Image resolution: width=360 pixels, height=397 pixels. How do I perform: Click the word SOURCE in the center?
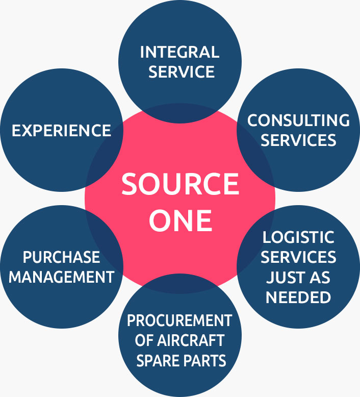[180, 185]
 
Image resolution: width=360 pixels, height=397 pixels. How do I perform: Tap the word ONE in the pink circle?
[180, 220]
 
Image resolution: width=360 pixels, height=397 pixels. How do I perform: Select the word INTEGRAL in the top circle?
[179, 52]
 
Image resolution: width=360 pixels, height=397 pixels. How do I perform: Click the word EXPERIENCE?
[61, 130]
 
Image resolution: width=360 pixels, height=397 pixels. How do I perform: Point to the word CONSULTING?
[298, 120]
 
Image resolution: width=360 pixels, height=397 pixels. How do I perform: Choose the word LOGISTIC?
[298, 237]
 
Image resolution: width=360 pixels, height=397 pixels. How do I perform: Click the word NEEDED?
[298, 297]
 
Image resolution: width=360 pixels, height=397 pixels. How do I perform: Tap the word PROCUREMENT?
[179, 321]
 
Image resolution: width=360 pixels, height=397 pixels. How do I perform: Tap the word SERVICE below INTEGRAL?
[179, 72]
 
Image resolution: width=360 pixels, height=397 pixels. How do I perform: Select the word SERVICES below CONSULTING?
[298, 140]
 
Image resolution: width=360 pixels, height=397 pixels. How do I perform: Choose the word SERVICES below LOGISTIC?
[298, 257]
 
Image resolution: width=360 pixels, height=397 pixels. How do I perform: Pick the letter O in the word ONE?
[159, 220]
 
